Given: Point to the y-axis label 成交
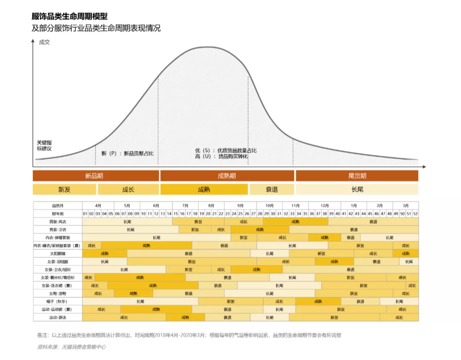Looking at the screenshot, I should (x=44, y=42).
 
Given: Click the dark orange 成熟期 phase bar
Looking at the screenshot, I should (x=227, y=176).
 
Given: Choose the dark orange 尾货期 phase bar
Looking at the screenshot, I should (x=357, y=176).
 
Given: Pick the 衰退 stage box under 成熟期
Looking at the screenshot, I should (x=271, y=190).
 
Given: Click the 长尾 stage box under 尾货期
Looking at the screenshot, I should (x=357, y=190).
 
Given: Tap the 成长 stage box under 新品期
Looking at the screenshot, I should (x=128, y=190).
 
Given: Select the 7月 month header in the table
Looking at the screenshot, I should (x=186, y=205).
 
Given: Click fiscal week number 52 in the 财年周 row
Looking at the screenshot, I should (x=415, y=214).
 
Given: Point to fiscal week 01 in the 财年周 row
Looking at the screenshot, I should (x=85, y=214).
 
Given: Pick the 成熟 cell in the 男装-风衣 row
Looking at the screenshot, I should (x=295, y=222).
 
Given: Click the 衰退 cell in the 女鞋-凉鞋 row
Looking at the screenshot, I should (x=188, y=293).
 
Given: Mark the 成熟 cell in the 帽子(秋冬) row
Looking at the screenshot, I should (x=318, y=301).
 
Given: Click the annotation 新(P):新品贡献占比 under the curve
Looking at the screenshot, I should (x=127, y=153).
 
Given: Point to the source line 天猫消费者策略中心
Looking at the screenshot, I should (x=72, y=347).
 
